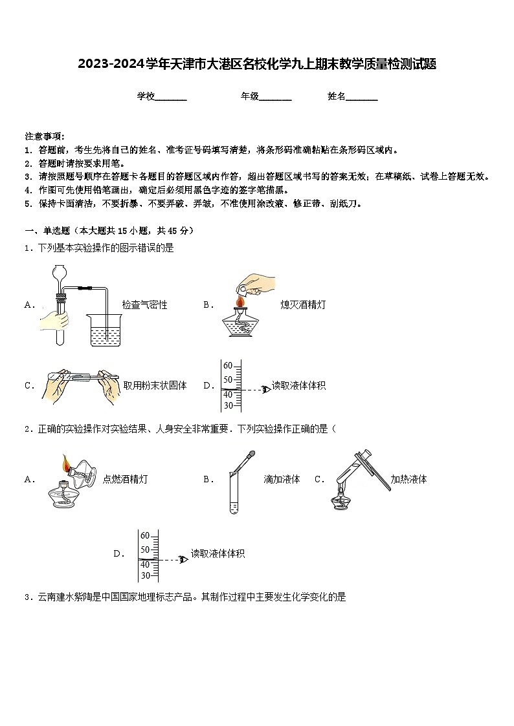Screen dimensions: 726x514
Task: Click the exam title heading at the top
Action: (x=257, y=64)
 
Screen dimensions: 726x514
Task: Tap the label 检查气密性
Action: (x=144, y=304)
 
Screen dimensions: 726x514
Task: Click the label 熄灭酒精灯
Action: (x=303, y=304)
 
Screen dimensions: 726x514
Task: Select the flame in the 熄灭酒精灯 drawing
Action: (x=240, y=302)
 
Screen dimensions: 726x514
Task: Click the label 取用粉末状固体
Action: (x=155, y=385)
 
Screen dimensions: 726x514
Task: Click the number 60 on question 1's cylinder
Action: (x=228, y=366)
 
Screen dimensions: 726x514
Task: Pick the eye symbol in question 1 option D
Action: (x=265, y=389)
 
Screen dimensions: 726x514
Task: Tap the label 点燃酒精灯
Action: (x=125, y=479)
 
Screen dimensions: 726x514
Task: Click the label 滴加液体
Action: (x=282, y=479)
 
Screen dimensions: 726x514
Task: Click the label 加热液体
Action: (x=408, y=479)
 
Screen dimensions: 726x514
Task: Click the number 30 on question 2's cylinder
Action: (x=145, y=575)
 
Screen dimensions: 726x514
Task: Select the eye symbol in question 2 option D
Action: (x=183, y=559)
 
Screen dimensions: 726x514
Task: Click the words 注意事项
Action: (x=43, y=136)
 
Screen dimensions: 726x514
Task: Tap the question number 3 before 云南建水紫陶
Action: (x=27, y=597)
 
